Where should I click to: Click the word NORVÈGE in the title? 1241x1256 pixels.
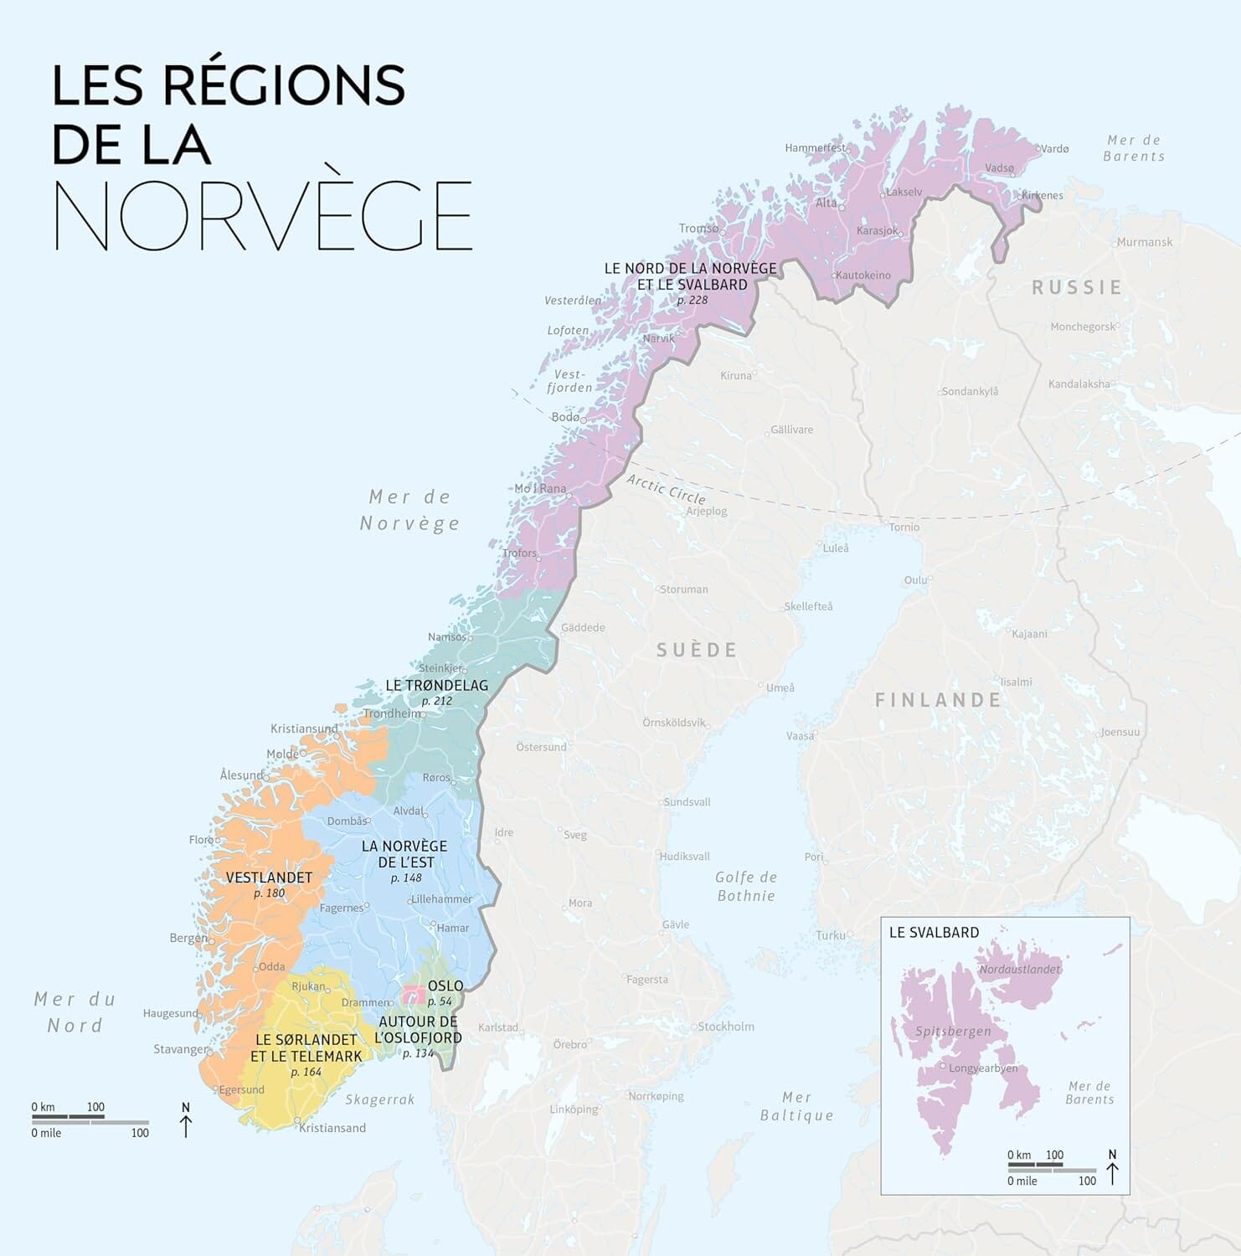click(x=263, y=215)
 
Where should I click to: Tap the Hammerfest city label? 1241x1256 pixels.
click(x=815, y=148)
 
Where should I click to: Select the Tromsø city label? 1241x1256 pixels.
click(x=698, y=228)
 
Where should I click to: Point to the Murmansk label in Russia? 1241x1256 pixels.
click(x=1144, y=242)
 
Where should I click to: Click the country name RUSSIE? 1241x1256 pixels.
click(x=1077, y=288)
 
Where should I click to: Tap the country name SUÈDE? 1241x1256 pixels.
click(x=697, y=650)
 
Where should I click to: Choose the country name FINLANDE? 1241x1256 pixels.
click(x=938, y=700)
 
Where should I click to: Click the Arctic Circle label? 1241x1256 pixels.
click(x=666, y=488)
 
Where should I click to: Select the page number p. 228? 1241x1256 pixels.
click(x=693, y=300)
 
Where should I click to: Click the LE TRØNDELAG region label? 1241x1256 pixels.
click(x=436, y=685)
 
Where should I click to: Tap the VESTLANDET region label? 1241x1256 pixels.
click(x=269, y=878)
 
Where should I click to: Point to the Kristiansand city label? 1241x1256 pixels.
click(x=332, y=1128)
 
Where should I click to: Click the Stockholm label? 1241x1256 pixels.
click(x=726, y=1027)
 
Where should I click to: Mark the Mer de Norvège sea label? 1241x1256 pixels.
click(x=410, y=510)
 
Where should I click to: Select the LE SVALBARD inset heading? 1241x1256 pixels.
click(x=934, y=932)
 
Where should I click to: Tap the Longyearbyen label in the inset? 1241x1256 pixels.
click(x=983, y=1068)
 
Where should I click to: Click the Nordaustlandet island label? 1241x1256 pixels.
click(x=1019, y=970)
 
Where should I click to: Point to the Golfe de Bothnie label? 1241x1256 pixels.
click(x=746, y=886)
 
